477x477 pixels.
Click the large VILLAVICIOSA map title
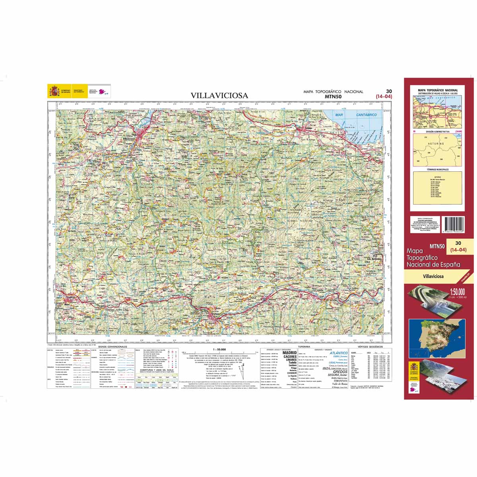pyautogui.click(x=219, y=95)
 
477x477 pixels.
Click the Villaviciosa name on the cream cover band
pyautogui.click(x=433, y=276)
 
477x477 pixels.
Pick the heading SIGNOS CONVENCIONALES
pyautogui.click(x=112, y=347)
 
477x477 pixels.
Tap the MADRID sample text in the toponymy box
pyautogui.click(x=289, y=352)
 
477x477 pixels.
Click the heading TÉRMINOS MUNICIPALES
pyautogui.click(x=437, y=169)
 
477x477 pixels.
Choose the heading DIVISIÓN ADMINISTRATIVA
pyautogui.click(x=437, y=131)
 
